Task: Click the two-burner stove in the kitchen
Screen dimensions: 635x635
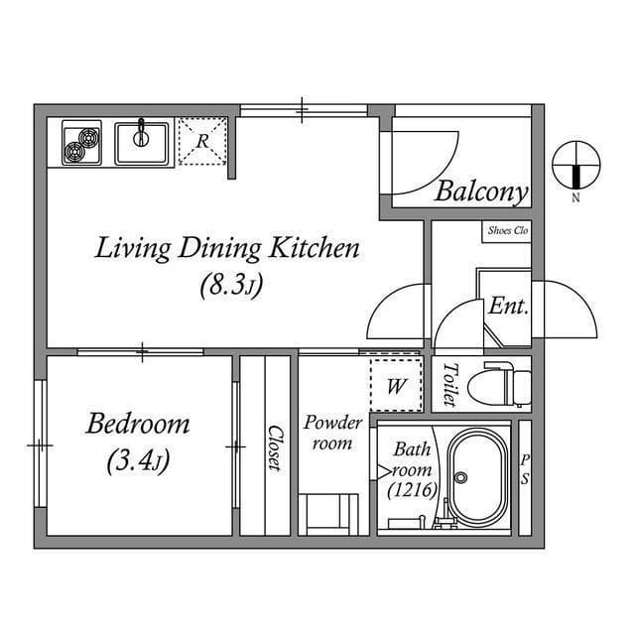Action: pos(81,143)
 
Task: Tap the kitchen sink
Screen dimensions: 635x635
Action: pos(143,142)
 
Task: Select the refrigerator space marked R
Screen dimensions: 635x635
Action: pos(202,141)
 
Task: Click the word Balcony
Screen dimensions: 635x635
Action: pos(480,191)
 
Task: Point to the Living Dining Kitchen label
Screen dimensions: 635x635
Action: pos(226,248)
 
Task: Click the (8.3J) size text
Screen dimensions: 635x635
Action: pos(230,287)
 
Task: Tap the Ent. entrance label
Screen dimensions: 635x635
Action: pos(507,307)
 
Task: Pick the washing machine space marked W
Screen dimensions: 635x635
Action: pos(396,386)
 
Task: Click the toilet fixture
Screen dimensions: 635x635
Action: pos(501,385)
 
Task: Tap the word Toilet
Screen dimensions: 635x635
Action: pos(448,384)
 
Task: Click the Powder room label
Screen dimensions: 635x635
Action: pos(332,433)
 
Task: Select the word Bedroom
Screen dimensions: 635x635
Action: pos(138,425)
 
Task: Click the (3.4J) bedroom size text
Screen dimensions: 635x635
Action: pos(138,461)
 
